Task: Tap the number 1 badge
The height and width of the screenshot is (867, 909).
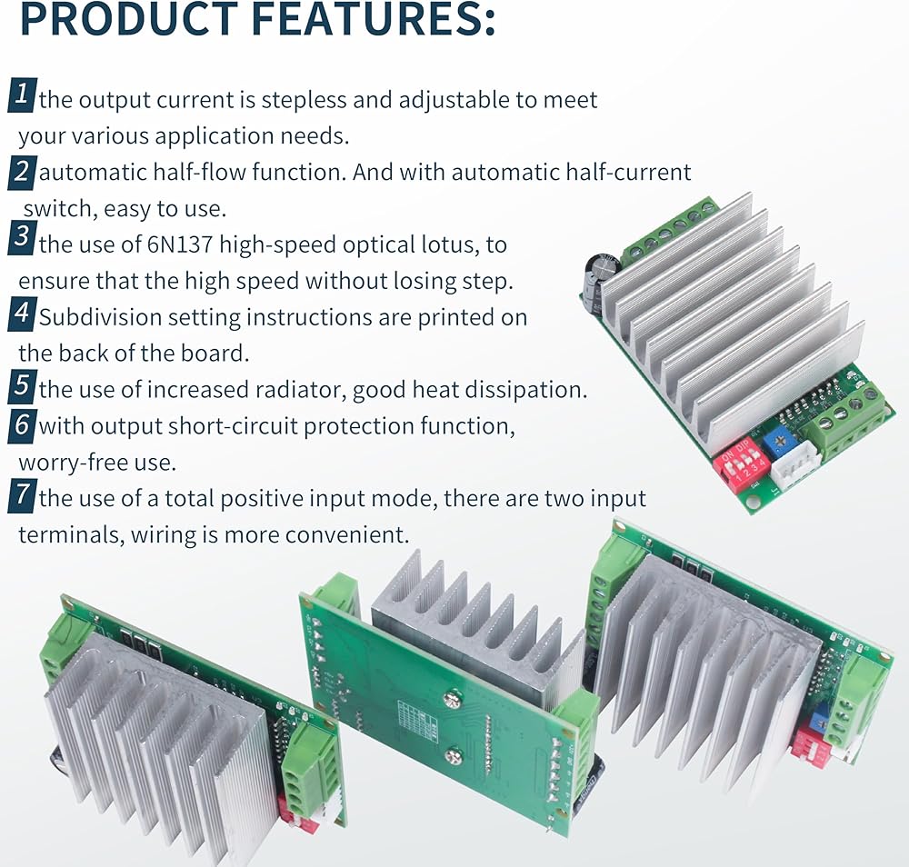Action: coord(23,95)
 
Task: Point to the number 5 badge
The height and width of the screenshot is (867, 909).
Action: coord(23,386)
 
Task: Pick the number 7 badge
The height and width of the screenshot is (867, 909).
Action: coord(23,495)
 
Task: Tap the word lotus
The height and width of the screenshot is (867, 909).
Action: coord(450,245)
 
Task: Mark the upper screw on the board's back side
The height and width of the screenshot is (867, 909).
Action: coord(452,700)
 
